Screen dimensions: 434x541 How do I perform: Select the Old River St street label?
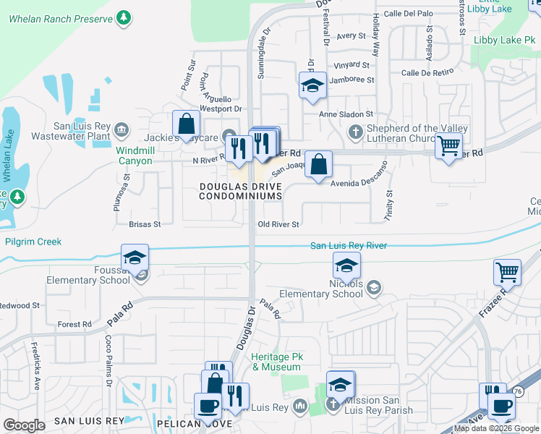coord(278,224)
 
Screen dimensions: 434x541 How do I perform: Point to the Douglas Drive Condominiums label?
coord(239,191)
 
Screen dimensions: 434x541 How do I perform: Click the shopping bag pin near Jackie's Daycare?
coord(187,124)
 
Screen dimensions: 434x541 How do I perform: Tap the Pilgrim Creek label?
coord(33,242)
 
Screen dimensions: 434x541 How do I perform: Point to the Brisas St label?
coord(144,224)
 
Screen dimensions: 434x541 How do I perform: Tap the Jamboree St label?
coord(352,80)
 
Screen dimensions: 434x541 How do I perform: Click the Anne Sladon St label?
coord(346,114)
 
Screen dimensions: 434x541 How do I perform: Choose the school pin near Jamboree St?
coord(312,86)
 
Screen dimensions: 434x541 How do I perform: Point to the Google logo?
coord(24,425)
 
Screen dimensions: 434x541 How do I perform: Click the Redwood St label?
coord(20,306)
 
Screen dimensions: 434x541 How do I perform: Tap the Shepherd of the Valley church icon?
coord(354,132)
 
